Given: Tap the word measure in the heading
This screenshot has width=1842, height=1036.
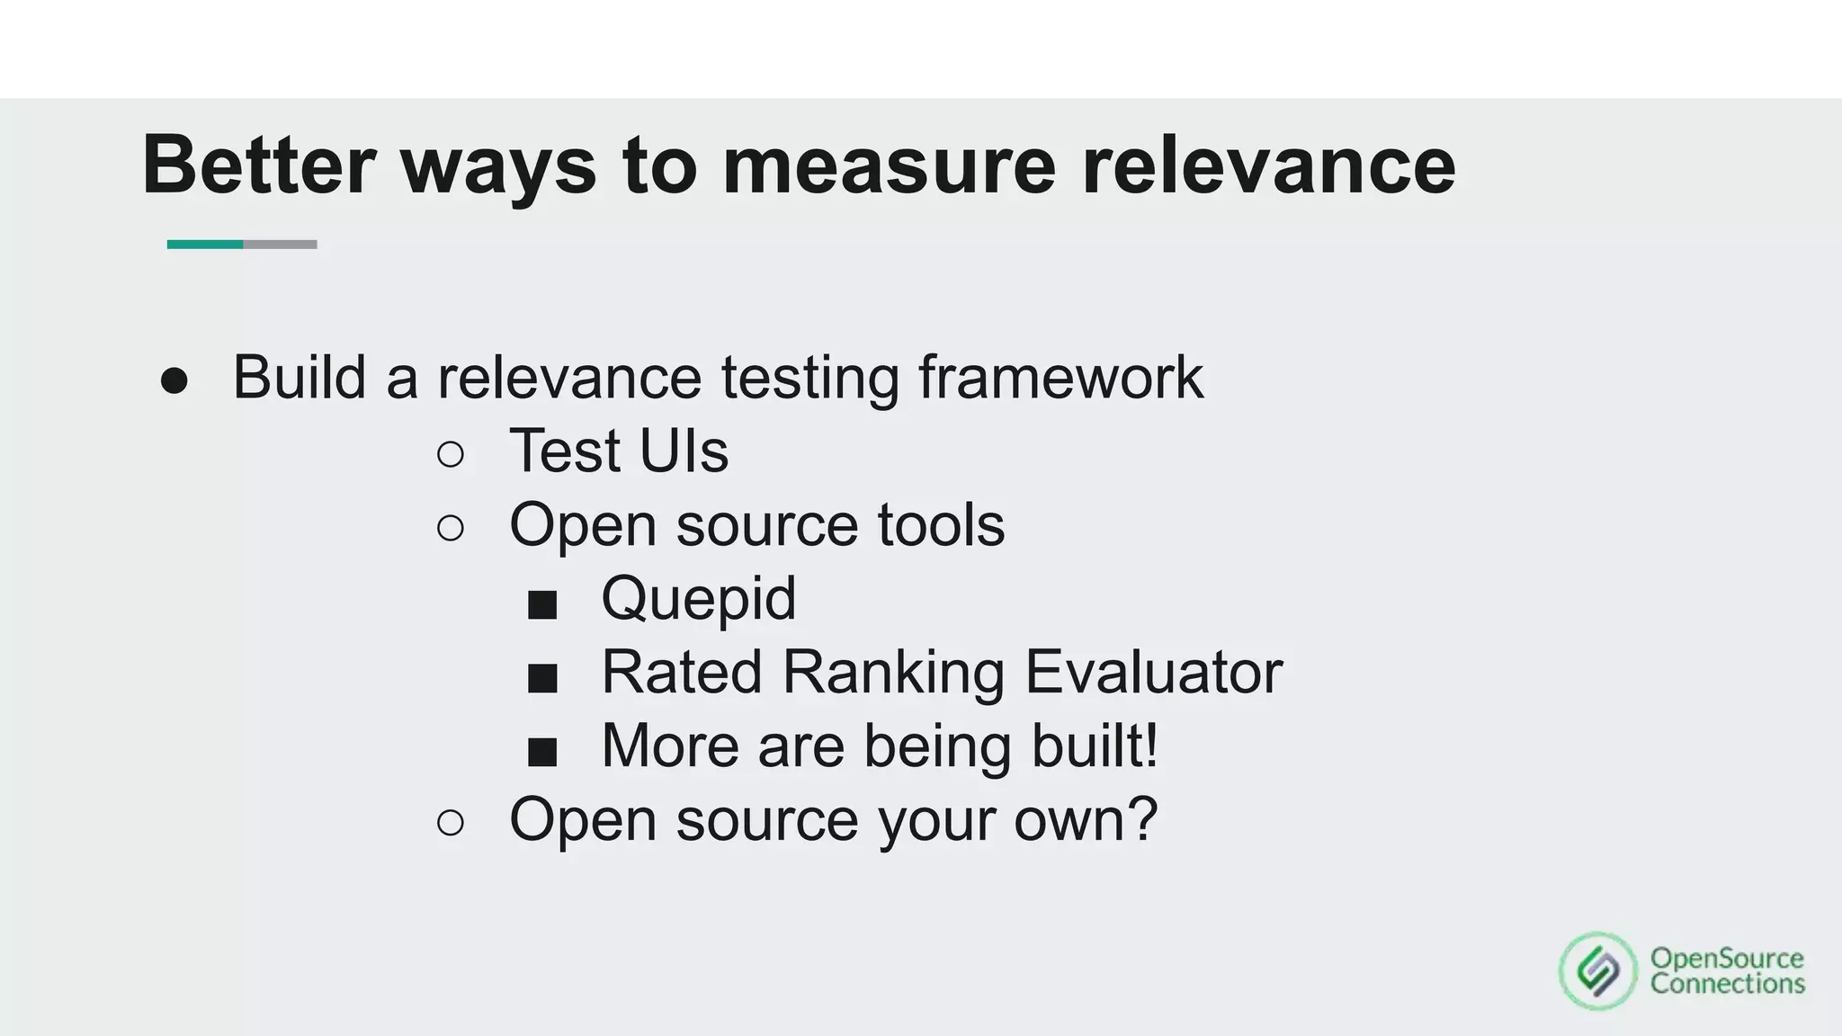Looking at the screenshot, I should click(889, 165).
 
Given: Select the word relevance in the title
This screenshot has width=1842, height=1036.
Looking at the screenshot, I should click(1268, 165).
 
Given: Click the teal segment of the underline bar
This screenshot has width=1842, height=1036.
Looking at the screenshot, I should click(205, 245).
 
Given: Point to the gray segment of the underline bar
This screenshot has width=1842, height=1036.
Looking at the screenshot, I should click(280, 245).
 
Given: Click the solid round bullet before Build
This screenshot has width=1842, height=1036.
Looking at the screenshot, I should click(174, 380).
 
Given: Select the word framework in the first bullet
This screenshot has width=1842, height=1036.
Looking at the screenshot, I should click(1060, 377).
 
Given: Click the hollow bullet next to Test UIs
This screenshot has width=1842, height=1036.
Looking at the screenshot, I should click(451, 454).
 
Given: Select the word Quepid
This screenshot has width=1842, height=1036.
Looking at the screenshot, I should click(699, 598).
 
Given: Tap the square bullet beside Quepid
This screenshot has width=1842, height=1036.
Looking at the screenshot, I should click(542, 604).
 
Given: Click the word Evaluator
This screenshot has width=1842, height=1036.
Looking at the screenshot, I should click(1153, 672).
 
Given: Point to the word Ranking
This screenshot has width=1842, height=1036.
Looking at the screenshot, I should click(893, 672).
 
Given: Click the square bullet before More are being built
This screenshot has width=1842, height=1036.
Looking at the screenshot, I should click(542, 752).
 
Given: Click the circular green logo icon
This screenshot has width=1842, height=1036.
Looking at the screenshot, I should click(1598, 970).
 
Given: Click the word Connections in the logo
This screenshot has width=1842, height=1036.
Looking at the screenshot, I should click(1727, 984).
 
